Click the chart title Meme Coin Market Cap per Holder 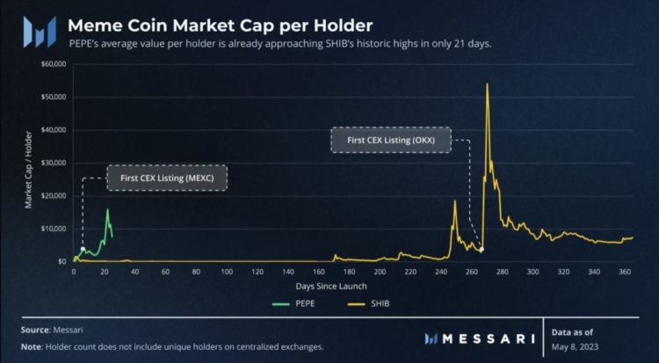(220, 25)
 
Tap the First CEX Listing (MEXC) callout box (167, 178)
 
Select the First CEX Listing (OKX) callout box (391, 140)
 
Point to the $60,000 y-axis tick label (54, 64)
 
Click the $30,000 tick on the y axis (54, 163)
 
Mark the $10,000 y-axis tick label (54, 229)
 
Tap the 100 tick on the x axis (227, 272)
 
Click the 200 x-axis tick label (380, 272)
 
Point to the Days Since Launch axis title (331, 286)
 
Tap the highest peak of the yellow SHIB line (487, 84)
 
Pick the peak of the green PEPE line (107, 209)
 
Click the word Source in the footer (34, 330)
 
